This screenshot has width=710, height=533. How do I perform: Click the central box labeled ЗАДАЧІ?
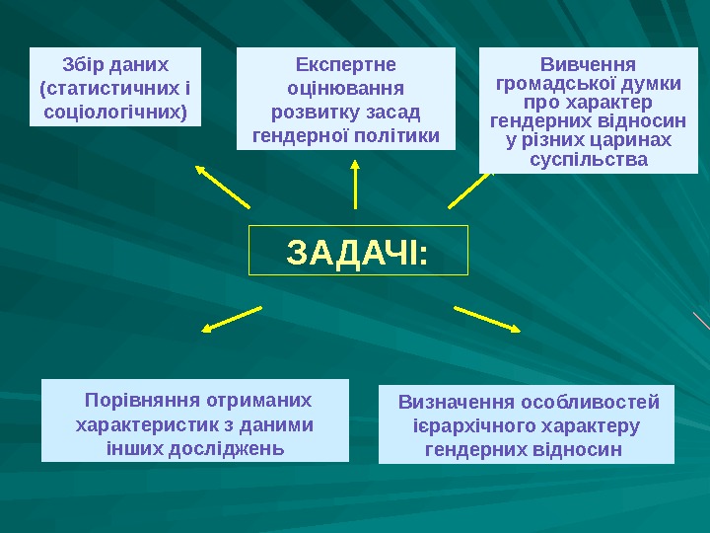click(357, 251)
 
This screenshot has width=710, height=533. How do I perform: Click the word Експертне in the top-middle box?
click(346, 65)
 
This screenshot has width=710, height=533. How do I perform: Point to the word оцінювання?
click(346, 88)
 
